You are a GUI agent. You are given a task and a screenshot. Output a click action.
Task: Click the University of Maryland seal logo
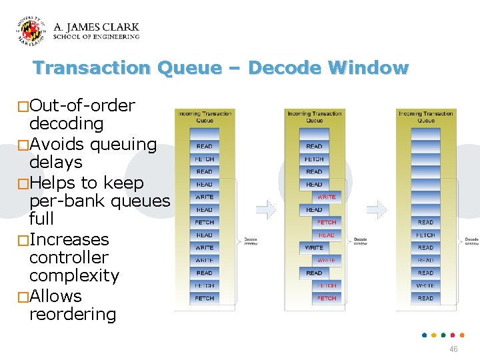pyautogui.click(x=31, y=32)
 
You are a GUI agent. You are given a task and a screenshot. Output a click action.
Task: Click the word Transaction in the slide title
pyautogui.click(x=92, y=68)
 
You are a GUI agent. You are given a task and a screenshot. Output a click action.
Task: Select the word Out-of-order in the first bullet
pyautogui.click(x=82, y=105)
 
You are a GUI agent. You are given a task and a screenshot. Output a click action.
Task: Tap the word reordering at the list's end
pyautogui.click(x=73, y=314)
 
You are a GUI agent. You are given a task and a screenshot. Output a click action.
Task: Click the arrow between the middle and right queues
pyautogui.click(x=377, y=210)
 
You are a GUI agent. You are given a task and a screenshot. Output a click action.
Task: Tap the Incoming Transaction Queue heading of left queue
pyautogui.click(x=205, y=117)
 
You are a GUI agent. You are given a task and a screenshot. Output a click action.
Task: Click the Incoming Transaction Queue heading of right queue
pyautogui.click(x=425, y=117)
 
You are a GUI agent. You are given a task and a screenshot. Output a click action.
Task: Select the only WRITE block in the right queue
pyautogui.click(x=425, y=285)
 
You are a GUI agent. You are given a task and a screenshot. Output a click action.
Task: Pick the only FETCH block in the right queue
pyautogui.click(x=425, y=235)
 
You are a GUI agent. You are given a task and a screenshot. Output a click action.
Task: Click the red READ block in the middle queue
pyautogui.click(x=327, y=235)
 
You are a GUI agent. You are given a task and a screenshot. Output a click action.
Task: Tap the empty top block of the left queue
pyautogui.click(x=205, y=133)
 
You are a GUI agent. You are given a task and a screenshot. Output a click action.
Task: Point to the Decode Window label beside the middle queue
pyautogui.click(x=360, y=241)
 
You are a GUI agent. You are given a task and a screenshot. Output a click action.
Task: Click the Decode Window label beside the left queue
pyautogui.click(x=251, y=241)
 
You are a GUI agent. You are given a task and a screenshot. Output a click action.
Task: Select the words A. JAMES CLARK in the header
pyautogui.click(x=96, y=27)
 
